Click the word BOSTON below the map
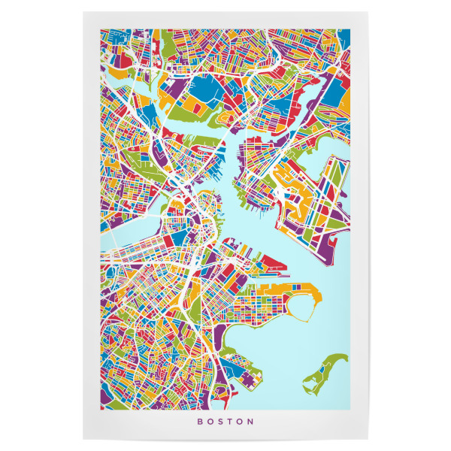225,422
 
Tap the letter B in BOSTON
200,422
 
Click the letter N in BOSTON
251,422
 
